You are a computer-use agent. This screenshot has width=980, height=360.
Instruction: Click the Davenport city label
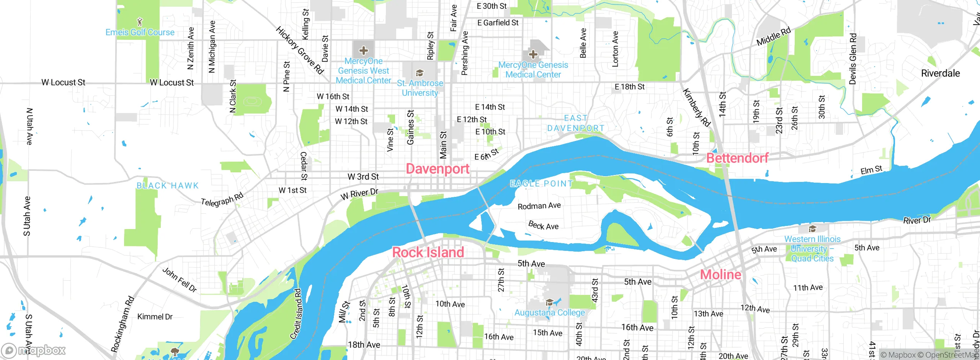[x=438, y=169]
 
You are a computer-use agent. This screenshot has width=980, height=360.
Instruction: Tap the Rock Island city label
[x=428, y=252]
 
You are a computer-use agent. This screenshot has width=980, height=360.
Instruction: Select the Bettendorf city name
[x=737, y=158]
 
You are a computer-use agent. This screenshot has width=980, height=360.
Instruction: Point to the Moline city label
[x=720, y=275]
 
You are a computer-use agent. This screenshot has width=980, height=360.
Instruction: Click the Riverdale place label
[x=940, y=73]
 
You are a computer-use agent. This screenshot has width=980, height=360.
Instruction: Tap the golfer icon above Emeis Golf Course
[x=140, y=21]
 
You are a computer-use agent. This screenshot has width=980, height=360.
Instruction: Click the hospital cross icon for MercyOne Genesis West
[x=363, y=51]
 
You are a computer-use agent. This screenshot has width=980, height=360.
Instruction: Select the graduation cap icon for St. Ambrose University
[x=420, y=73]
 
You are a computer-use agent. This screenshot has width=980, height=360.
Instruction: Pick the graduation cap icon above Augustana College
[x=549, y=303]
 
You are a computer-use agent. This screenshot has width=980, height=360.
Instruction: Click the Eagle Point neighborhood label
[x=541, y=184]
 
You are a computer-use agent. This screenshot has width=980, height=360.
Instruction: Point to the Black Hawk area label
[x=168, y=186]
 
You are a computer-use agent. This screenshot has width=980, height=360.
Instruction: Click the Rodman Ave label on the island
[x=539, y=206]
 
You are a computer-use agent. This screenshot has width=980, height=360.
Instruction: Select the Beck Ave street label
[x=543, y=225]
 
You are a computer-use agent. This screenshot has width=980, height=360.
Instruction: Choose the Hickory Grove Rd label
[x=300, y=50]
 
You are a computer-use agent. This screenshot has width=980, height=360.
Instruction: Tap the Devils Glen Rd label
[x=853, y=59]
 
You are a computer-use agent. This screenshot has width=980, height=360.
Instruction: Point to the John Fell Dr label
[x=180, y=280]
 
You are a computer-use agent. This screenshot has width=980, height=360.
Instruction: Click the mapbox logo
[x=34, y=350]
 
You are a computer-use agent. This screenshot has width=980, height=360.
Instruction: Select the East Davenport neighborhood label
[x=576, y=123]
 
